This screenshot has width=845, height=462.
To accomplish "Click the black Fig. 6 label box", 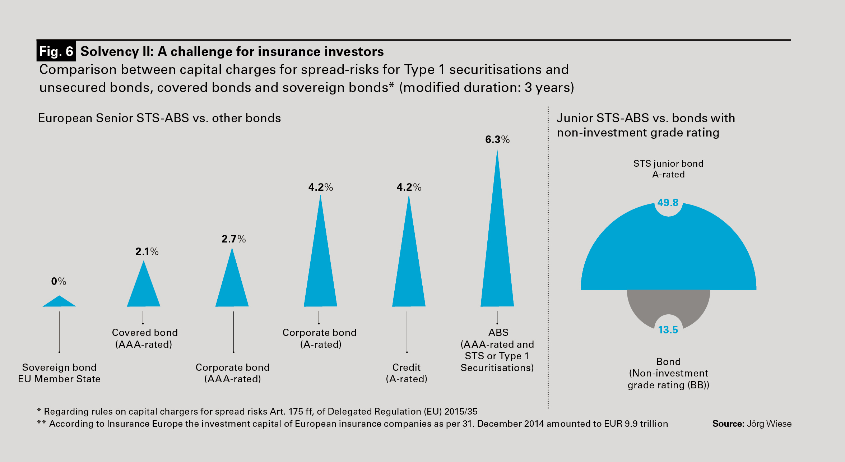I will (x=56, y=51).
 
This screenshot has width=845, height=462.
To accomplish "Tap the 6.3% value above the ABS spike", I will (x=497, y=139).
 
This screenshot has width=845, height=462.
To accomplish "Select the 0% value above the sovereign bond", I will (x=59, y=281).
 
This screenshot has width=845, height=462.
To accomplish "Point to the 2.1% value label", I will (x=147, y=251).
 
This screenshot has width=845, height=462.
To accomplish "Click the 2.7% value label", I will (x=233, y=239).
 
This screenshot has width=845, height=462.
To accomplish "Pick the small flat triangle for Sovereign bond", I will (x=59, y=302).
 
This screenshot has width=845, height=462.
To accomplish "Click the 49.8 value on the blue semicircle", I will (x=668, y=203).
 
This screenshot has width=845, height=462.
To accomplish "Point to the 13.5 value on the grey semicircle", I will (x=668, y=330).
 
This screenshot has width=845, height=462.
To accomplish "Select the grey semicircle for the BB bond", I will (x=643, y=305).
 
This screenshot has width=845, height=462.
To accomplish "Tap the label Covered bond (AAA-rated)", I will (x=144, y=338).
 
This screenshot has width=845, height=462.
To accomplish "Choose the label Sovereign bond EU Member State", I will (x=59, y=373).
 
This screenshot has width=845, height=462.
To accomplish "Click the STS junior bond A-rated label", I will (x=668, y=169).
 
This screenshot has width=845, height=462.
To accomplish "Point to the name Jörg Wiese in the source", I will (x=769, y=424).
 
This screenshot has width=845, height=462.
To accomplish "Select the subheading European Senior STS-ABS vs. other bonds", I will (x=159, y=118).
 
